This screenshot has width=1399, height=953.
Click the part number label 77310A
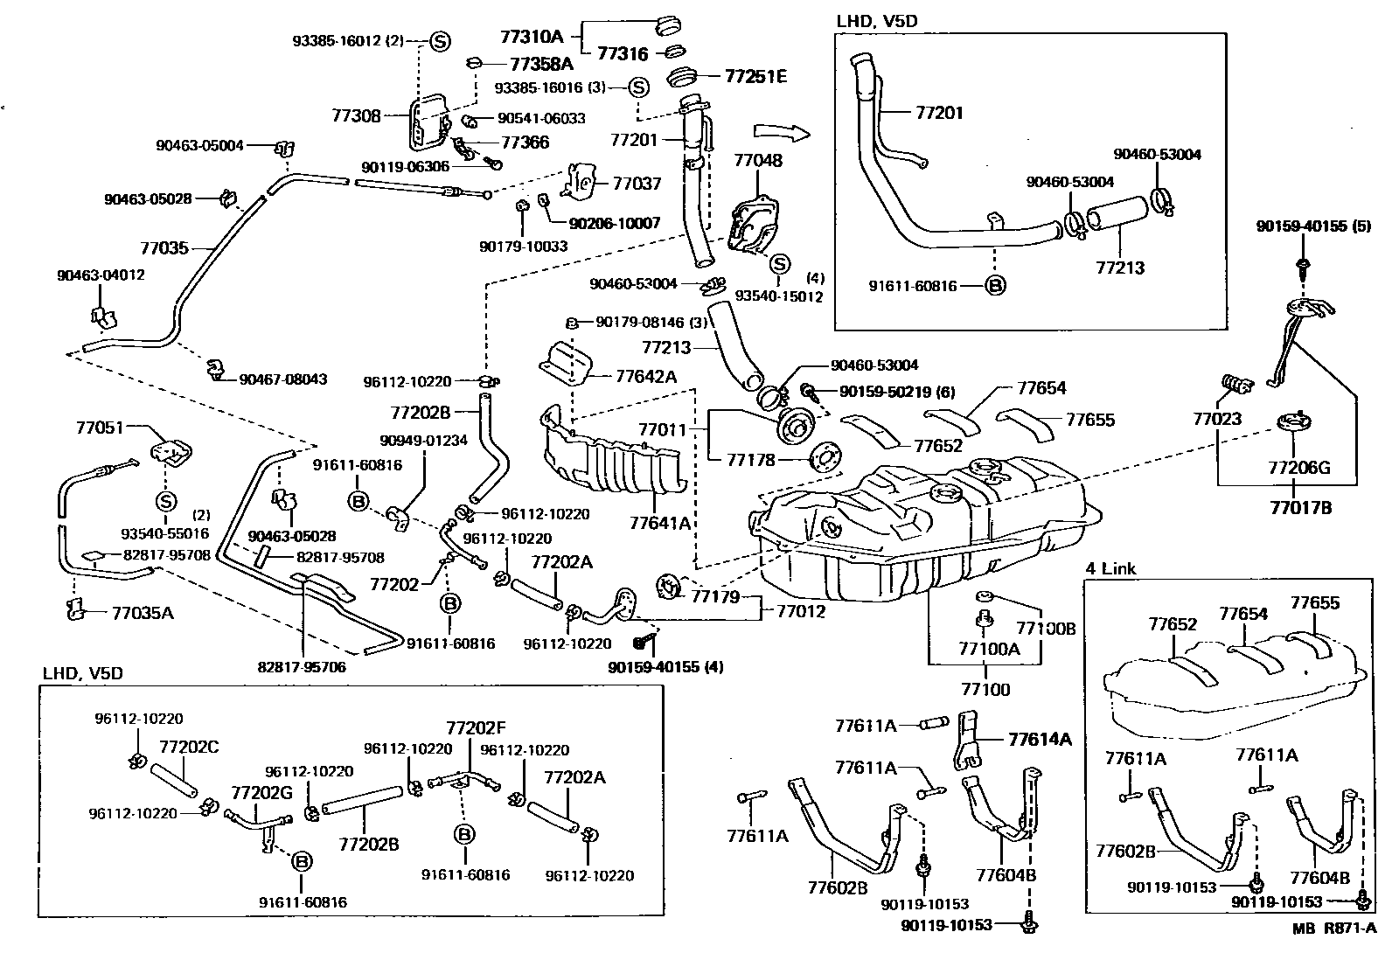pos(531,37)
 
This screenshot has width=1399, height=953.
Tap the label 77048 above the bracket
pos(758,161)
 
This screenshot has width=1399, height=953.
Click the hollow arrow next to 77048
pos(782,132)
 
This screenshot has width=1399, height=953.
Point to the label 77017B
pos(1301,506)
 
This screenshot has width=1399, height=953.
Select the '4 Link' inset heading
pos(1110,568)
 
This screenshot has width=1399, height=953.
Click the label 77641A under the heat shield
pos(660,523)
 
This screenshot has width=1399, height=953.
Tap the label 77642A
pos(646,377)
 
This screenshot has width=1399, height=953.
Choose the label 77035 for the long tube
pos(164,248)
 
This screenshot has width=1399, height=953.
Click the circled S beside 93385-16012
pos(440,40)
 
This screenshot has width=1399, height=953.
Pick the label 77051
pos(99,428)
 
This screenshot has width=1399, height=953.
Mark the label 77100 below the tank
pos(985,690)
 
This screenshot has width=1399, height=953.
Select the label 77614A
pos(1039,739)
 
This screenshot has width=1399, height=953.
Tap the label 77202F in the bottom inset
pos(476,727)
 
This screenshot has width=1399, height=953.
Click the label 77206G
pos(1299,468)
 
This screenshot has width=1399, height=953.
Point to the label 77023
pos(1216,419)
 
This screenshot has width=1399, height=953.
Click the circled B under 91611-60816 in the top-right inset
pos(995,285)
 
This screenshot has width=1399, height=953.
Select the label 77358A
pos(541,64)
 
